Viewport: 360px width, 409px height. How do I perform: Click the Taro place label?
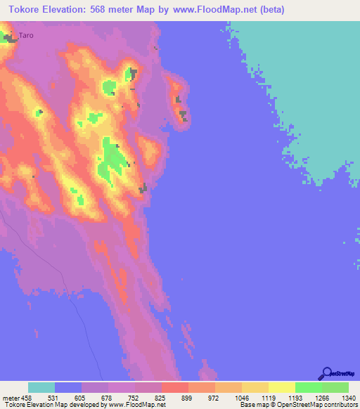tap(25, 35)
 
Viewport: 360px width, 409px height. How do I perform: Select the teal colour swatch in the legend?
tap(41, 387)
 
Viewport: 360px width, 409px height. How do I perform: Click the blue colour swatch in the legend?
tap(68, 387)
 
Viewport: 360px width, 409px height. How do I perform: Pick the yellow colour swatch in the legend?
tap(281, 387)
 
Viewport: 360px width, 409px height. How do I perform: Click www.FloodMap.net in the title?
tap(213, 10)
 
